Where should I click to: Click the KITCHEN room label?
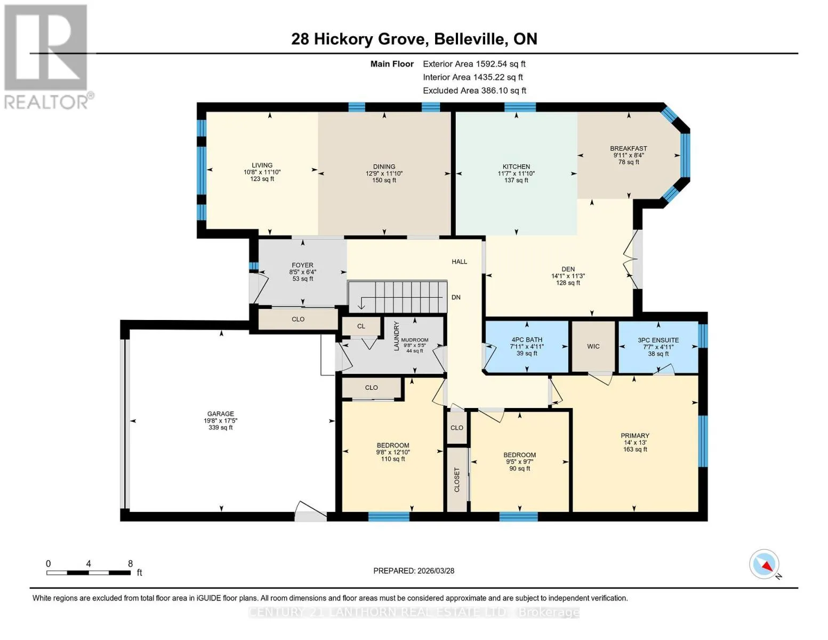click(516, 166)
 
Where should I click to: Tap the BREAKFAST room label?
click(629, 148)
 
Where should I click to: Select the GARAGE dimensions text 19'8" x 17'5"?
click(220, 420)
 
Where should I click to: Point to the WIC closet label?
click(593, 346)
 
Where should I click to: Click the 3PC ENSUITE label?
click(658, 340)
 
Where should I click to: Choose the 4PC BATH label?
click(527, 340)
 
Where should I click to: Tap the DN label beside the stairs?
click(456, 297)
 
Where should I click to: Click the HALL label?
click(459, 261)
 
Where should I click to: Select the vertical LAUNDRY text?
click(396, 336)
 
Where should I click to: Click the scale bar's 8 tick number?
click(130, 563)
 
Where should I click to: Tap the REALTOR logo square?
click(46, 47)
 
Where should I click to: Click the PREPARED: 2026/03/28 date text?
click(413, 571)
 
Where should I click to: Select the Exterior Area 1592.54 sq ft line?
click(474, 64)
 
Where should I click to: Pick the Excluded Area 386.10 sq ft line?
click(475, 91)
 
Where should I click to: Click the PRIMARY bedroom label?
click(635, 435)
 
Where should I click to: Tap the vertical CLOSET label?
click(457, 479)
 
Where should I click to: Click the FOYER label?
click(302, 265)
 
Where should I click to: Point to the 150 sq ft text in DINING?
click(384, 180)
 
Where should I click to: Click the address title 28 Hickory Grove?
click(358, 39)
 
